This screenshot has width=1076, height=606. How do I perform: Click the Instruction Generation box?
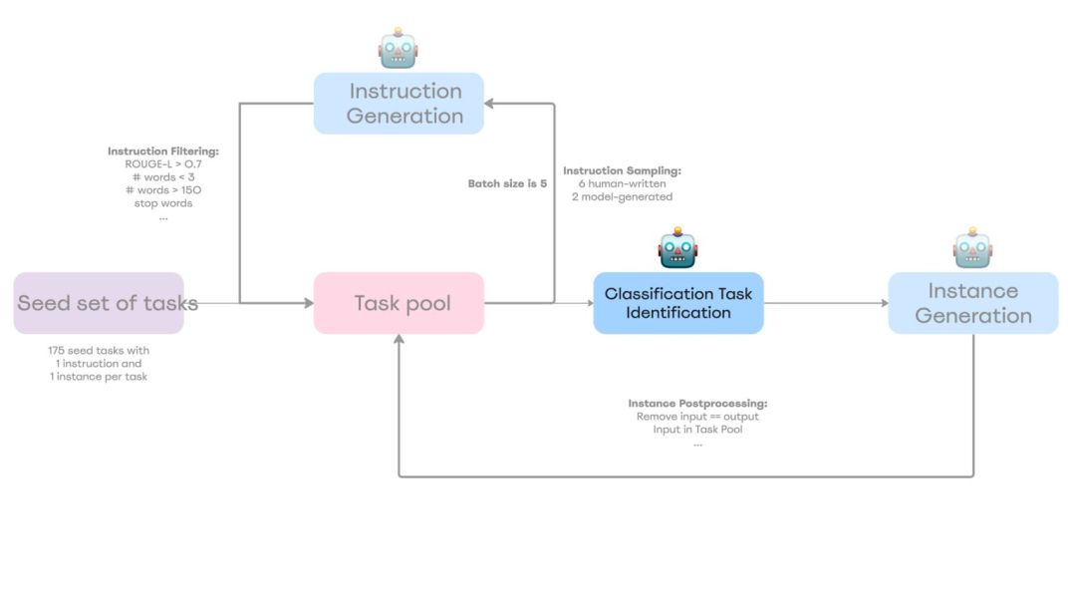[x=399, y=103]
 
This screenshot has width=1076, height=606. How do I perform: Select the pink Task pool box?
[x=399, y=303]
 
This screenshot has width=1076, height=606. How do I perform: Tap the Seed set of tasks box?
[x=99, y=303]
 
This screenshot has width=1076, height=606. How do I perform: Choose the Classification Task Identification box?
[x=678, y=303]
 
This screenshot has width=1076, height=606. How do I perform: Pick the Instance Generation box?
[x=972, y=303]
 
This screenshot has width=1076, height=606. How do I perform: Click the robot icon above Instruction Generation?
[x=398, y=48]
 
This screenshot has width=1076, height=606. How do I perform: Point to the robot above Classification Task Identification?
[x=677, y=248]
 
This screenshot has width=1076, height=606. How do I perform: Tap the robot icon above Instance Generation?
[x=972, y=248]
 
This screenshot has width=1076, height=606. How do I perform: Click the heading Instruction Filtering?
[x=162, y=151]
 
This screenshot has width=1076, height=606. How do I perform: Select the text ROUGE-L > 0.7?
[x=162, y=164]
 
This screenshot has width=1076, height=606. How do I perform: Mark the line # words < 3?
[x=162, y=177]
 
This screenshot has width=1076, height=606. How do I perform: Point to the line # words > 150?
[x=162, y=190]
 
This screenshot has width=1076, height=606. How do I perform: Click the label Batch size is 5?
[x=507, y=183]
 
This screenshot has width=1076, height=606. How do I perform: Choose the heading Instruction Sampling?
[x=622, y=171]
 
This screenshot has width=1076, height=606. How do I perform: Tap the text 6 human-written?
[x=622, y=184]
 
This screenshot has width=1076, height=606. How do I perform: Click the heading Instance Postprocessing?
[x=697, y=404]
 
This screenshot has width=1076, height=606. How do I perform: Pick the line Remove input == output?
[x=697, y=417]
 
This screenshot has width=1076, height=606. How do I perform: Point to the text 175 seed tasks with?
[x=99, y=351]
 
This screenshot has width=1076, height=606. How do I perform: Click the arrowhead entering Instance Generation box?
[x=882, y=303]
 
